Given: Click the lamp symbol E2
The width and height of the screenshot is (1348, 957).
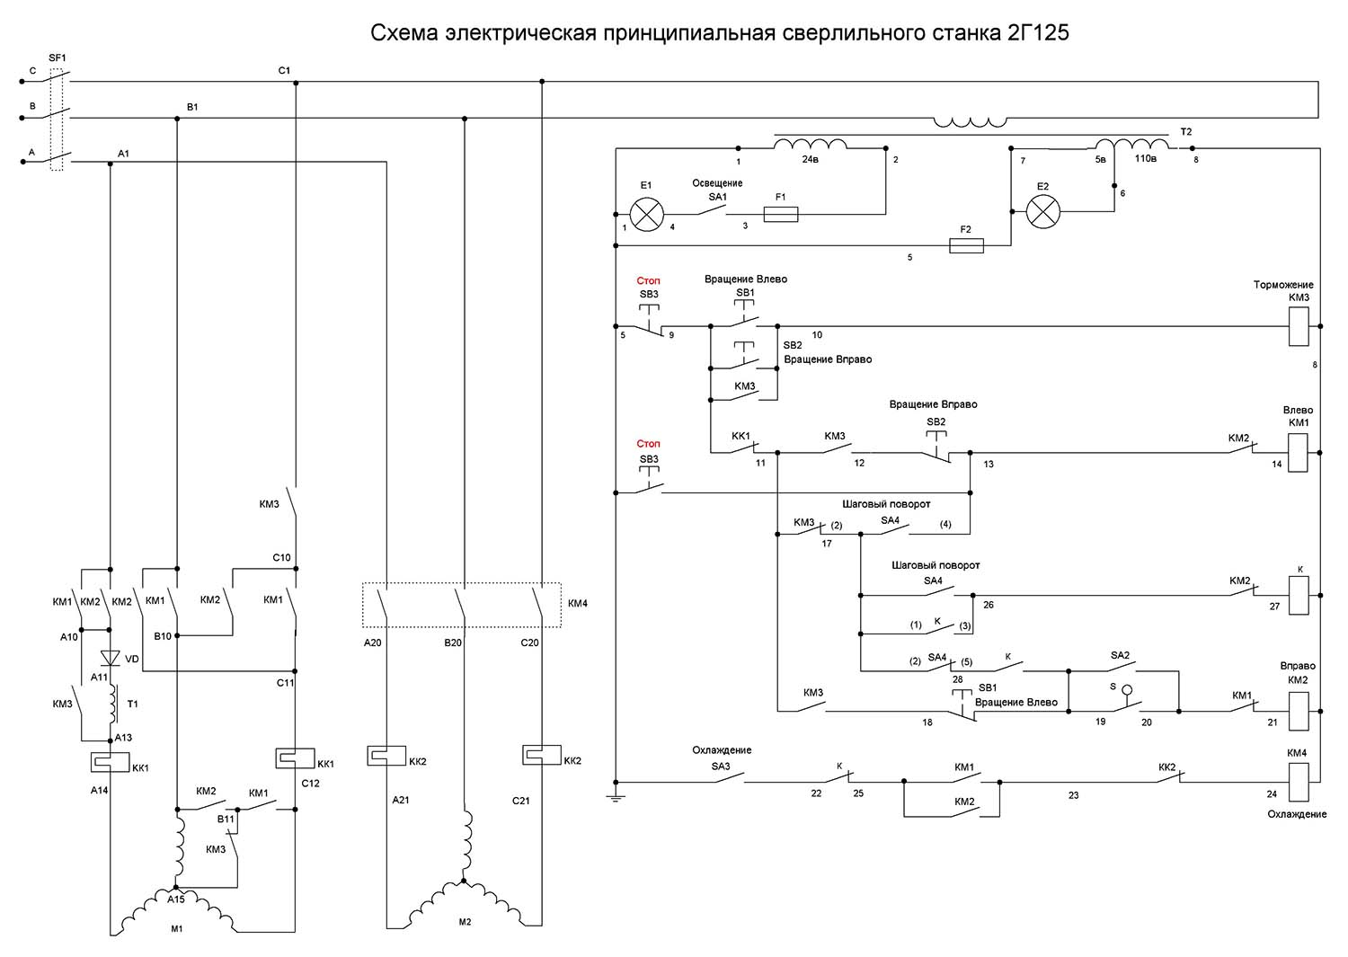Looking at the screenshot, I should (1043, 212).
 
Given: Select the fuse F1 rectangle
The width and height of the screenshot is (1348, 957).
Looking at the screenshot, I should (780, 214).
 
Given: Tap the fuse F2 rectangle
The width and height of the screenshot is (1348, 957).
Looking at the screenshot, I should (966, 245).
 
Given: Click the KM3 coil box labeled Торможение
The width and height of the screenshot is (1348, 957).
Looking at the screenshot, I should (1299, 326).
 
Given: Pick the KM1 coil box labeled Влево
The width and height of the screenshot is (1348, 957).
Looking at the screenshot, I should (1299, 452).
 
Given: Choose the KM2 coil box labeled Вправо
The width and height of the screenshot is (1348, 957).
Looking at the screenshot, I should (1299, 710).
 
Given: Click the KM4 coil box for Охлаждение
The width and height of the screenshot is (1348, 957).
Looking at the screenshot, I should (1299, 782).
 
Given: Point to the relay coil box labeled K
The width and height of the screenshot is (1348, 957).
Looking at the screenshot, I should (1299, 595).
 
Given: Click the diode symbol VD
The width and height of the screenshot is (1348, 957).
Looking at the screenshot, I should (111, 659).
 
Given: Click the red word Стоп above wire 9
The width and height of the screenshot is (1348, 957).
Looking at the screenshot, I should (649, 281).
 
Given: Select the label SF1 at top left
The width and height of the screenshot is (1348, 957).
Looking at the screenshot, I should (58, 58).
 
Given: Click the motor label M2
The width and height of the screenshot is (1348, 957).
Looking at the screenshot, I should (465, 922).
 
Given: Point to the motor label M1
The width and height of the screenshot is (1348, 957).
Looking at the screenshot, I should (177, 928).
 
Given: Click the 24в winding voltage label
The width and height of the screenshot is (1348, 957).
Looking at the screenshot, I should (811, 159).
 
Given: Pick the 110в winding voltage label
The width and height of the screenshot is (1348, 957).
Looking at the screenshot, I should (1145, 158).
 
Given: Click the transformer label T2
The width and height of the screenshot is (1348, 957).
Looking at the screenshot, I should (1185, 132).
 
